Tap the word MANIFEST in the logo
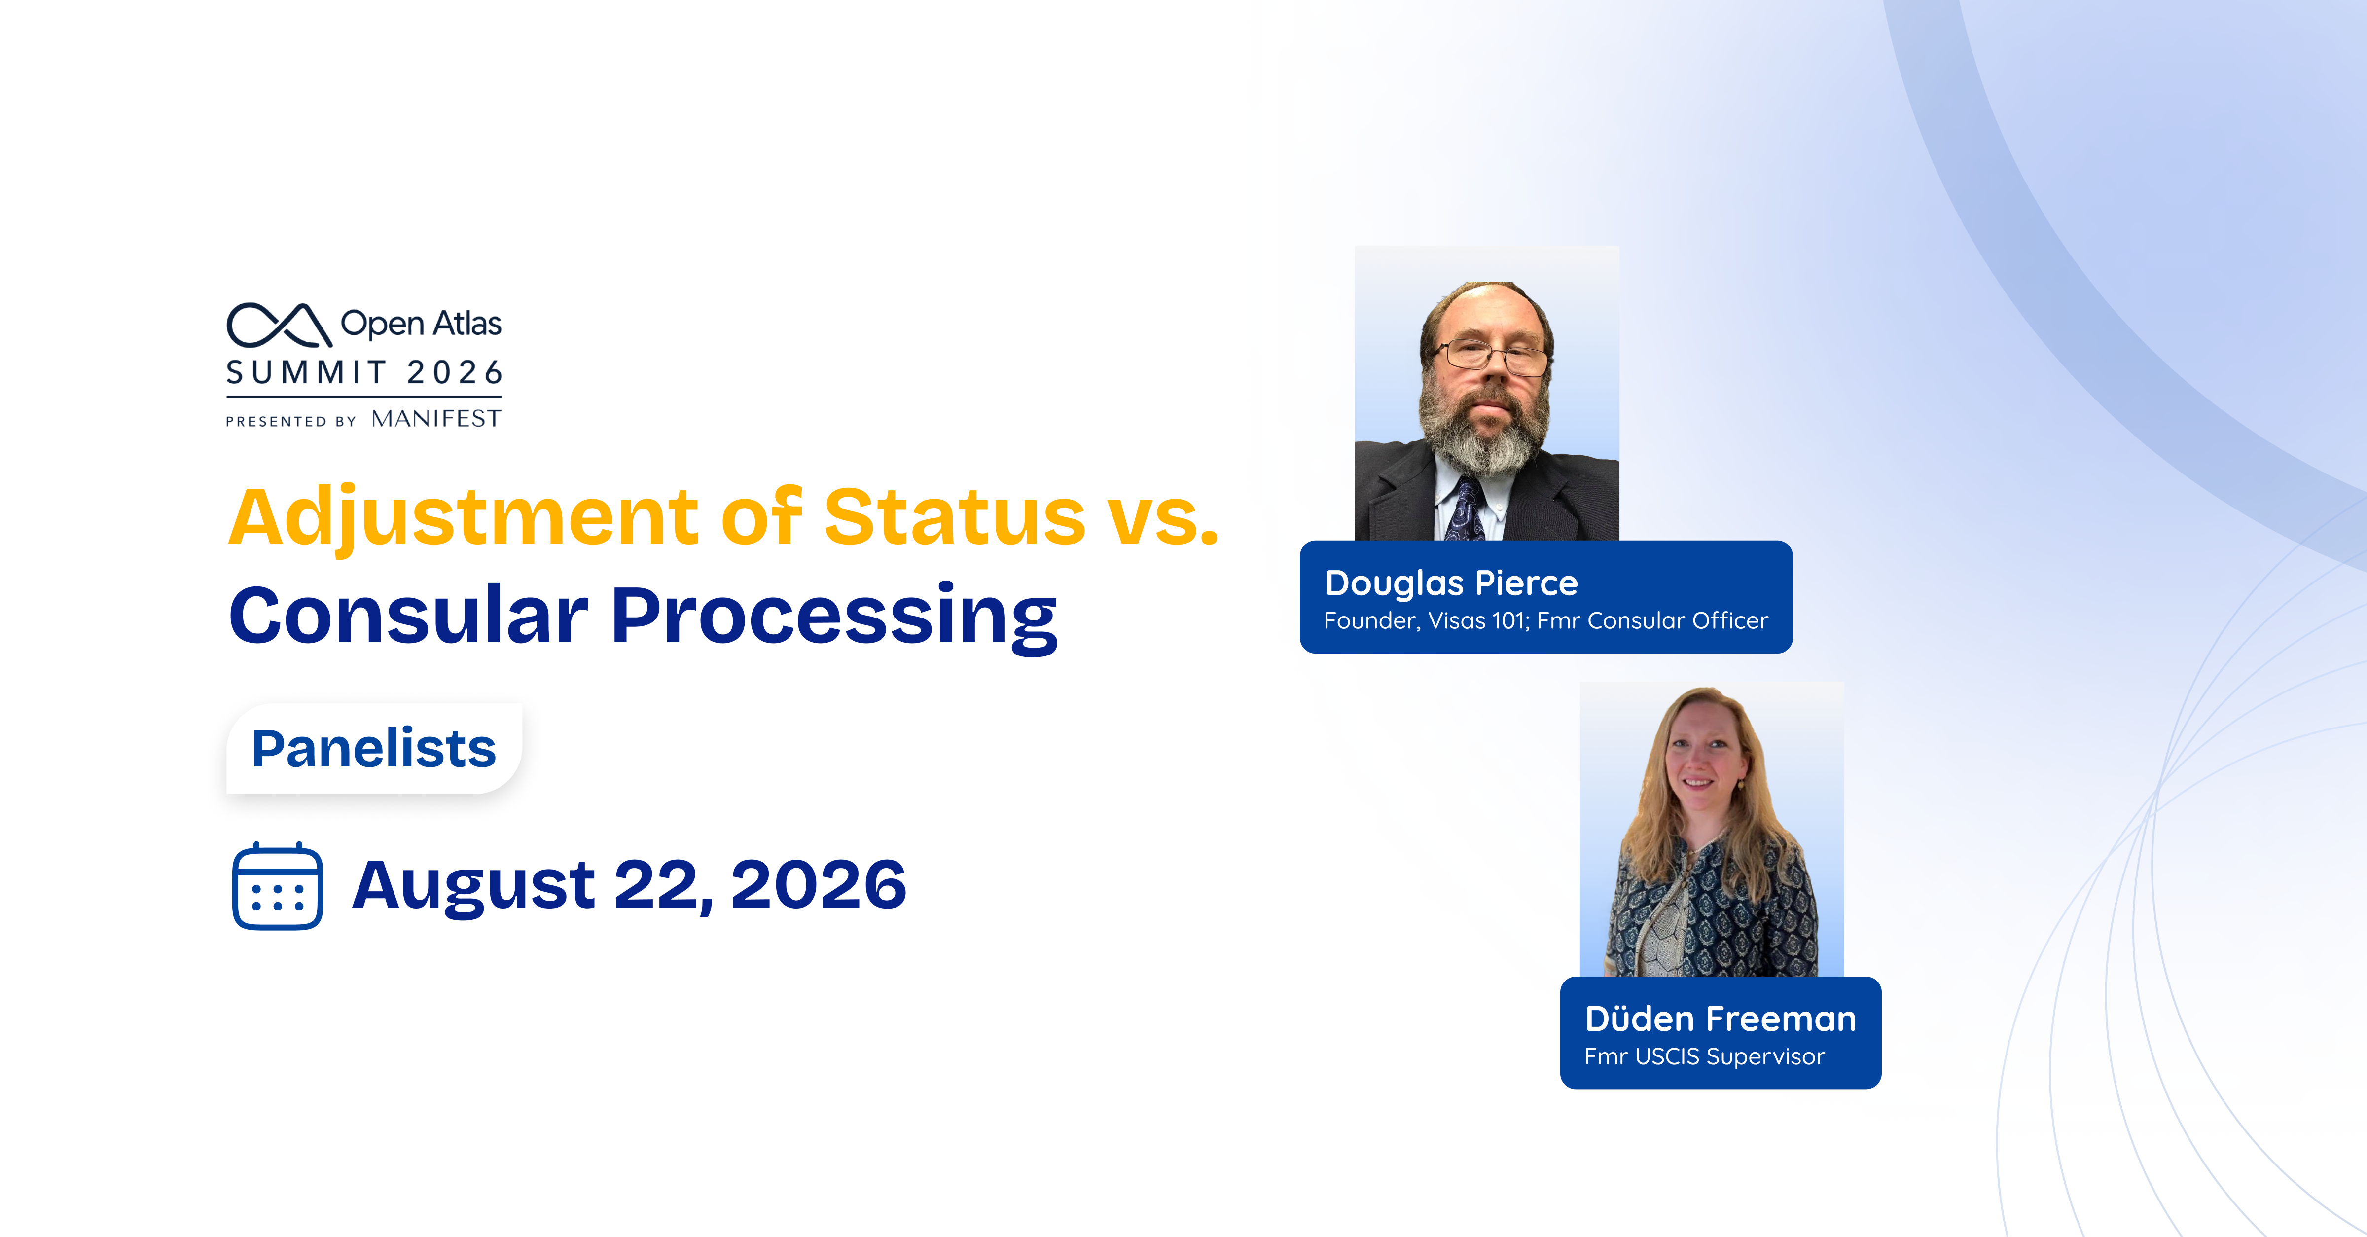pos(436,419)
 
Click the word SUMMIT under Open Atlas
pos(307,372)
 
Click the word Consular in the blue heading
pos(408,615)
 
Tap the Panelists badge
pos(374,748)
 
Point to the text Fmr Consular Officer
pos(1652,621)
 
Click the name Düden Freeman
pos(1720,1019)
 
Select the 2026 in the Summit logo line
pos(455,372)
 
